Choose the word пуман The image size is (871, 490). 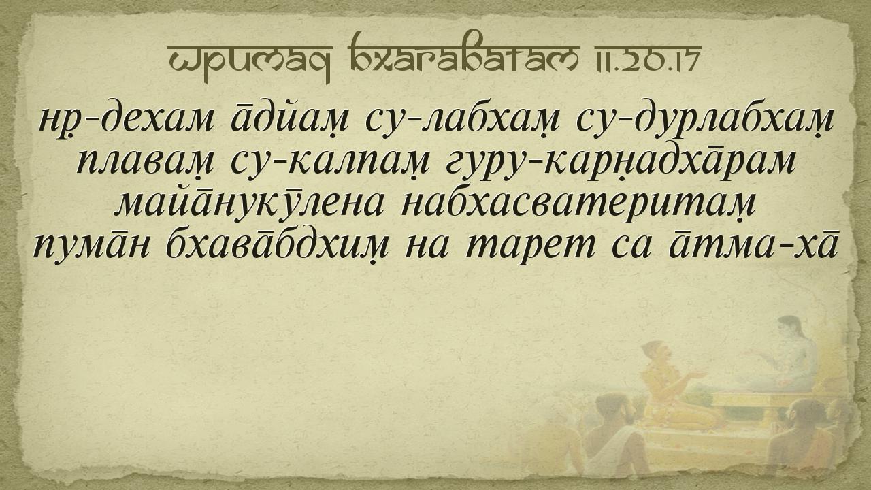click(x=92, y=247)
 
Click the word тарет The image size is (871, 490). click(x=531, y=247)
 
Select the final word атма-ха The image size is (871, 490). click(x=753, y=246)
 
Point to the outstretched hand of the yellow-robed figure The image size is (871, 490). click(x=697, y=375)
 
